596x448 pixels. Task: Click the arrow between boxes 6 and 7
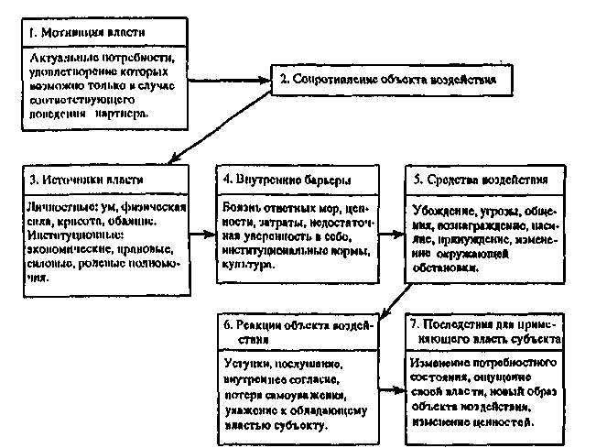[393, 388]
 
